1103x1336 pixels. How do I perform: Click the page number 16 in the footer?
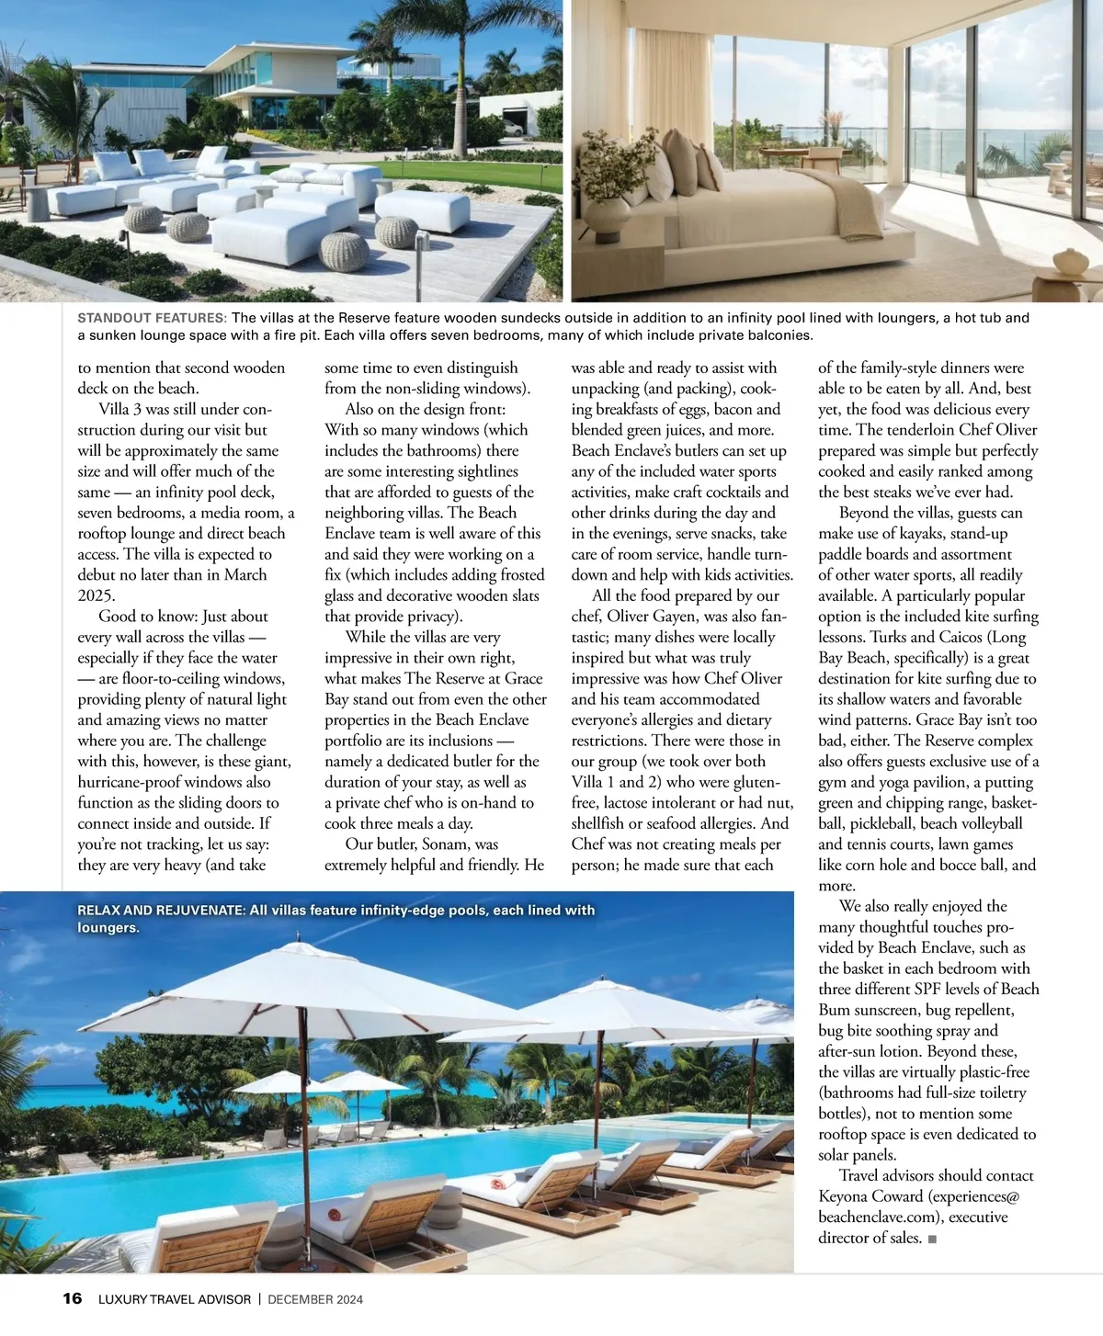click(x=72, y=1298)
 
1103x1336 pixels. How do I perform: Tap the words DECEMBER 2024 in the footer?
click(x=315, y=1299)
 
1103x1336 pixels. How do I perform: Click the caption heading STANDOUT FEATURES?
click(x=152, y=318)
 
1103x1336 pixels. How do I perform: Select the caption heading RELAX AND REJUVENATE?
click(x=161, y=911)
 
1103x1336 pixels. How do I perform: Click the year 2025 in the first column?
click(x=95, y=595)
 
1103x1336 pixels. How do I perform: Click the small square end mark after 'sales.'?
click(x=932, y=1239)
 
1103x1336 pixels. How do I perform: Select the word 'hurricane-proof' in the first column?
click(x=133, y=782)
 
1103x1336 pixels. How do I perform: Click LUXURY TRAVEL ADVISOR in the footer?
click(x=175, y=1299)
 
